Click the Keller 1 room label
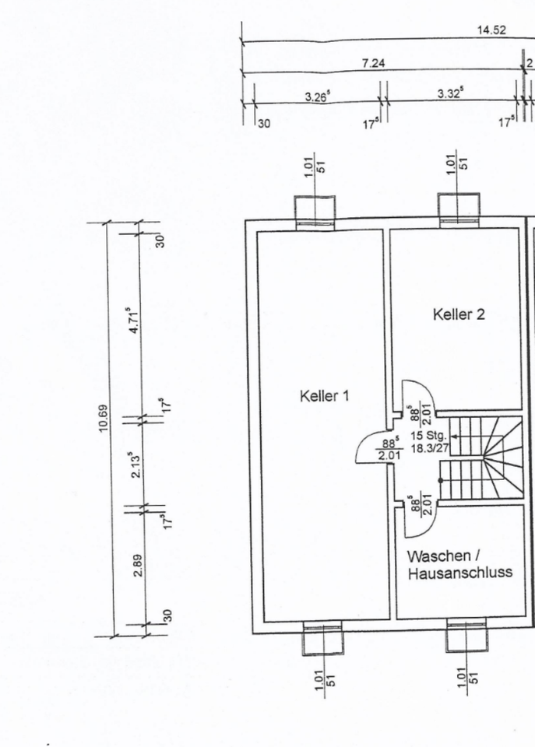pyautogui.click(x=324, y=396)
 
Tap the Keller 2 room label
pyautogui.click(x=459, y=314)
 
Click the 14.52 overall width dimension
pyautogui.click(x=491, y=30)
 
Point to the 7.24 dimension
pyautogui.click(x=374, y=63)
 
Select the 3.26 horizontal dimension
pyautogui.click(x=317, y=96)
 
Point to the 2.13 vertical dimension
pyautogui.click(x=135, y=465)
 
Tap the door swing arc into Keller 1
pyautogui.click(x=369, y=449)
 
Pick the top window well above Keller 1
pyautogui.click(x=315, y=212)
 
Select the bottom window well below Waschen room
pyautogui.click(x=466, y=637)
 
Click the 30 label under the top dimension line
pyautogui.click(x=264, y=123)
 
